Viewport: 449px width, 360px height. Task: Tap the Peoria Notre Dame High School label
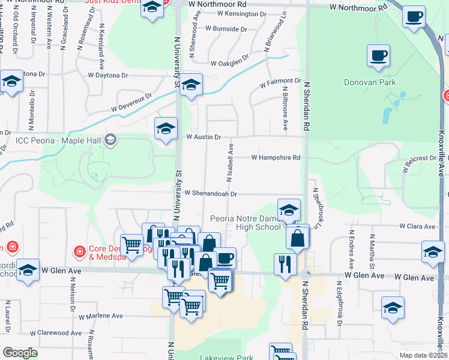pos(246,222)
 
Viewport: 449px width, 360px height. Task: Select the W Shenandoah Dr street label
pos(211,194)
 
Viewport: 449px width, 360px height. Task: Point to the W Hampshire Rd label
pos(276,157)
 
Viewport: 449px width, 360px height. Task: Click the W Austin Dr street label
pos(203,137)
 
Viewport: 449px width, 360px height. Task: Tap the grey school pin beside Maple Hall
pos(110,140)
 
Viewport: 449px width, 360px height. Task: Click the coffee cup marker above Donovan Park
pos(378,56)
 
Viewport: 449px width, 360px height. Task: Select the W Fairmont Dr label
pos(280,81)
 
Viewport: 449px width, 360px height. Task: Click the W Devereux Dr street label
pos(131,102)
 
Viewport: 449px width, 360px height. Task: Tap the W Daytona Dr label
pos(108,76)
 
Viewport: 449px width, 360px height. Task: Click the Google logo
pos(20,352)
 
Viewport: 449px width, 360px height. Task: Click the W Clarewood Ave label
pos(59,332)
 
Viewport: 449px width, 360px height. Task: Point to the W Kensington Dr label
pos(242,13)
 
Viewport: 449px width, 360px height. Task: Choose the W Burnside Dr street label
pos(226,28)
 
